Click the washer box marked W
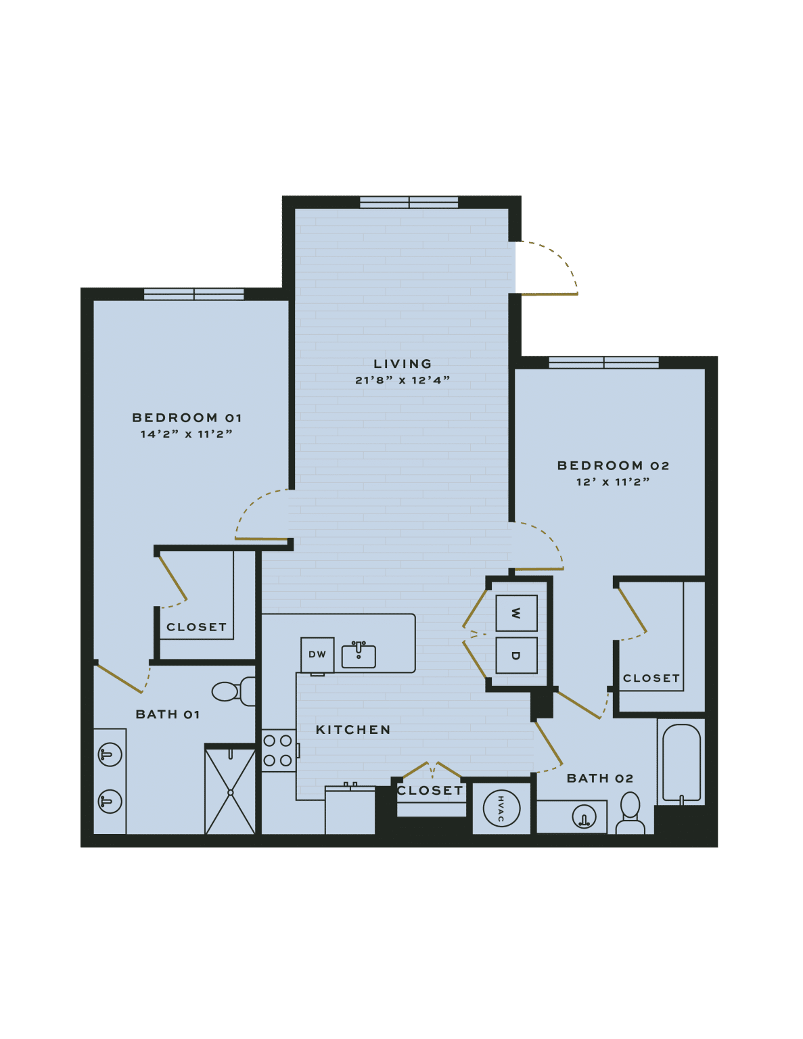[x=516, y=613]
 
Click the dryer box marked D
[x=516, y=655]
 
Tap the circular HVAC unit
[x=501, y=808]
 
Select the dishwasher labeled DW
[x=317, y=654]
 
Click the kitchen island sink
[x=359, y=655]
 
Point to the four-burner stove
[x=278, y=750]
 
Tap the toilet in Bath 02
[x=630, y=814]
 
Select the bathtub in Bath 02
[x=681, y=763]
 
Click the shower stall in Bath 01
[x=230, y=791]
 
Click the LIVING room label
[x=403, y=364]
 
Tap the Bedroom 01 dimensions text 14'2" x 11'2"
[x=186, y=434]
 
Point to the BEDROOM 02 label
[x=613, y=465]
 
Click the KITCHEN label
[x=353, y=730]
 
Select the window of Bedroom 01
[x=194, y=294]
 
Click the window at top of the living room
[x=409, y=202]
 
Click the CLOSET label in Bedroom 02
[x=651, y=678]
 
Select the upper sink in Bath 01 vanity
[x=110, y=754]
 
